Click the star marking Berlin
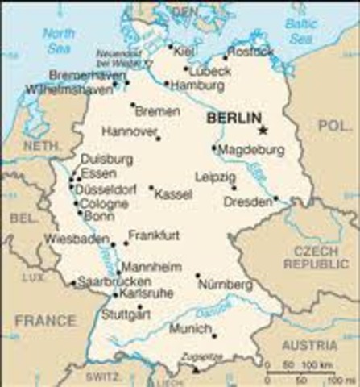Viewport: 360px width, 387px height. coord(262,130)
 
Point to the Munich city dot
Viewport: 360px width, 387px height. coord(213,335)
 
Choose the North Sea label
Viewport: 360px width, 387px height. coord(59,40)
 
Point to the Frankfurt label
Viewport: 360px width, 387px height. coord(155,235)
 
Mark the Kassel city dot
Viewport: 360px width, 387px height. coord(151,188)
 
